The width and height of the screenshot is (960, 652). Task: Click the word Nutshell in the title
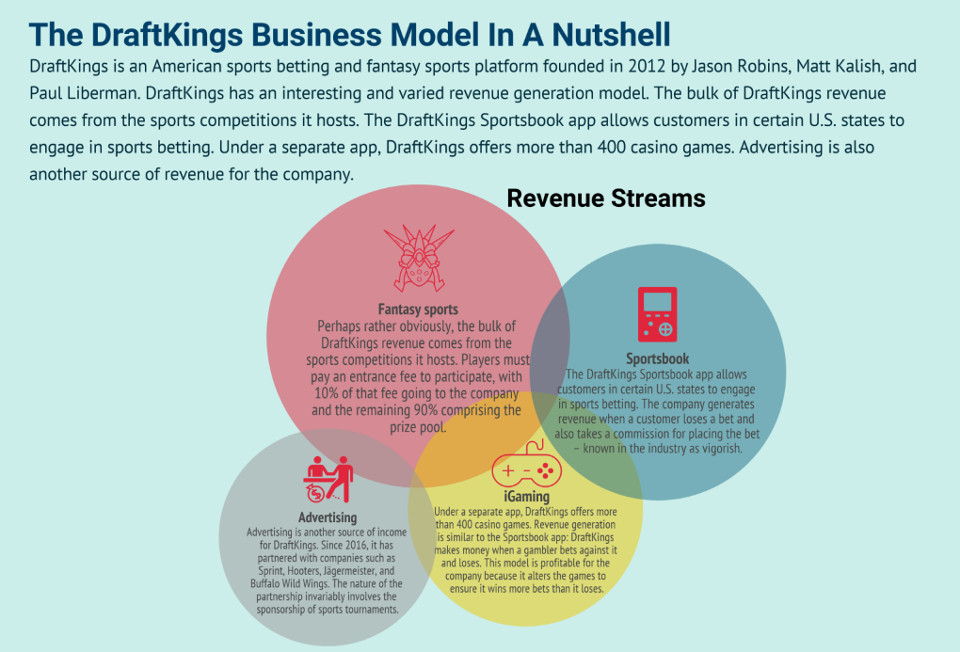611,35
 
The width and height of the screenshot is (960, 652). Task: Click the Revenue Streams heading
606,199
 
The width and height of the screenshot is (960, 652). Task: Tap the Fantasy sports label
418,310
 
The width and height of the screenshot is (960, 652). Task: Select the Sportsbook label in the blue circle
658,358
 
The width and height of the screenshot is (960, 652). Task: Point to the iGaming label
526,497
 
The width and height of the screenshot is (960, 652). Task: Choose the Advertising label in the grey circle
328,517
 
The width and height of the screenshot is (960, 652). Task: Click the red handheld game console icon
658,314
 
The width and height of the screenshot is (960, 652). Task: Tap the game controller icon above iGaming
526,465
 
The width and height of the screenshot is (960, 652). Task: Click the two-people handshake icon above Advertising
328,480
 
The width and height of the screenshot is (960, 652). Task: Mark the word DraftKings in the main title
168,35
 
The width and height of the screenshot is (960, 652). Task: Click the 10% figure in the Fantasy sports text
327,393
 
